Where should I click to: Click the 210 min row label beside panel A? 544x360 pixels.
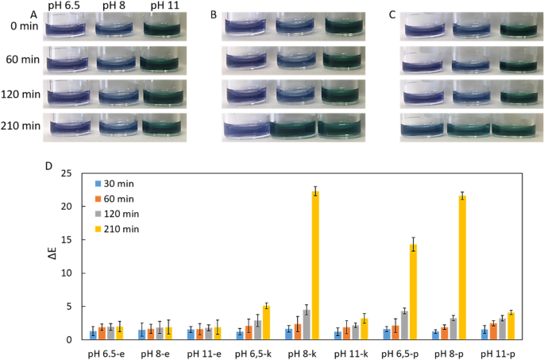tap(21, 126)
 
